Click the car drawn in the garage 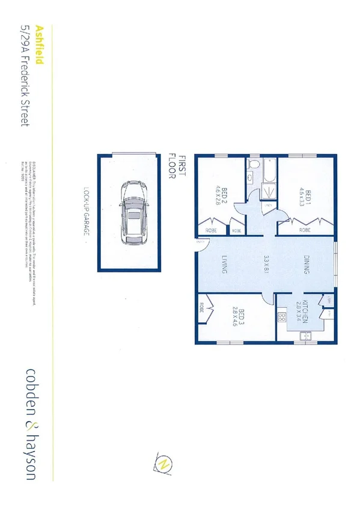tap(132, 212)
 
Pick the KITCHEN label tap(305, 311)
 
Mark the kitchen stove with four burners tap(280, 316)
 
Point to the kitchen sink tap(304, 336)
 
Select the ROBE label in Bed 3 tap(201, 309)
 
